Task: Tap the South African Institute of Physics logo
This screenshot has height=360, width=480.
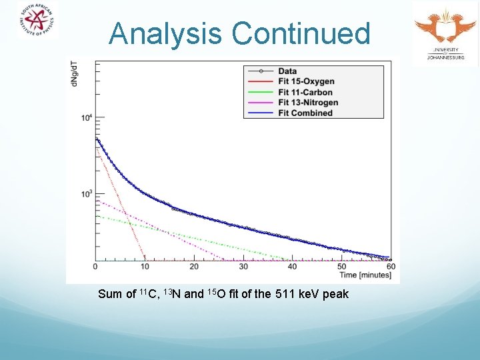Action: (37, 20)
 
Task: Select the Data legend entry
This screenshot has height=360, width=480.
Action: (287, 71)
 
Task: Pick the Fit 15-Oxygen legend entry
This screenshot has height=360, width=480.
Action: (305, 81)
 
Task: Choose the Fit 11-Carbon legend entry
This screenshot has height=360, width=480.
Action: (305, 92)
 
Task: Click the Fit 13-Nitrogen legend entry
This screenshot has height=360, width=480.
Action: (308, 102)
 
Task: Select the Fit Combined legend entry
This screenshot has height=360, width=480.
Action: (305, 113)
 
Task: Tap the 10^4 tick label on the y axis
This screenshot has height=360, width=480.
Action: (87, 119)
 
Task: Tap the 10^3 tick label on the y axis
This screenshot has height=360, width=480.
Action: (87, 194)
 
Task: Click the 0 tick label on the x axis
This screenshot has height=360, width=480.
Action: (95, 267)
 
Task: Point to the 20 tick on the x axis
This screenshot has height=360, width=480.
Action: (194, 267)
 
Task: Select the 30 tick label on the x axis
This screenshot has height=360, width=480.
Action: (243, 267)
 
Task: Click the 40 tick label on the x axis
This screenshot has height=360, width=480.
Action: (293, 267)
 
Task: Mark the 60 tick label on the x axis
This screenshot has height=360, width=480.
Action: (391, 267)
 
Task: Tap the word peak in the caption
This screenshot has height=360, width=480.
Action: (335, 295)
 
